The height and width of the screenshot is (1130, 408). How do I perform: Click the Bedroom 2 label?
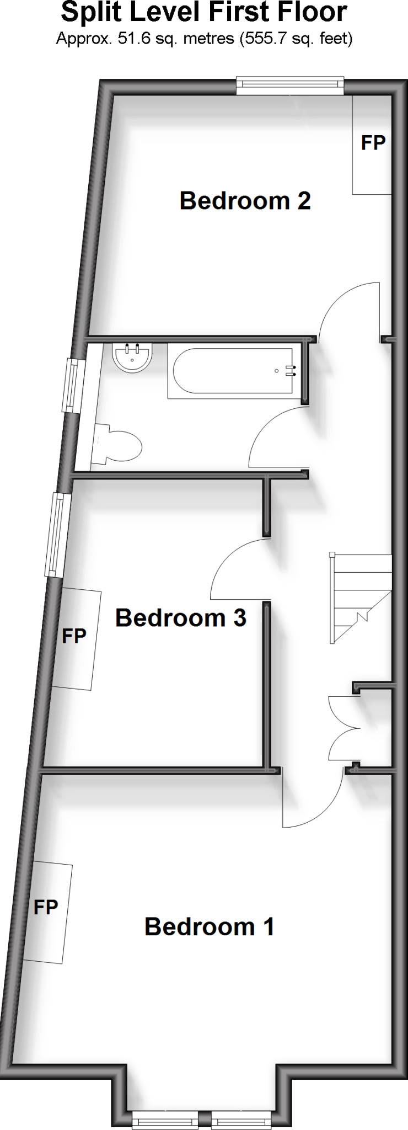coord(245,200)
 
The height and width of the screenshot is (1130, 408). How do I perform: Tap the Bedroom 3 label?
coord(180,617)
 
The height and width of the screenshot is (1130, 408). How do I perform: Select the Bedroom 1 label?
coord(209,926)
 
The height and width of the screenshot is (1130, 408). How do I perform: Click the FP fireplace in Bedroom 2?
coord(372,143)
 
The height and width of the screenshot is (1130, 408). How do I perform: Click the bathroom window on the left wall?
coord(72,385)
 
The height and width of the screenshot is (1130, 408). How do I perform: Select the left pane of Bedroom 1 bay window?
coord(165,1121)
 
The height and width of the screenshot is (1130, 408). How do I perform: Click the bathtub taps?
coord(291,371)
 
